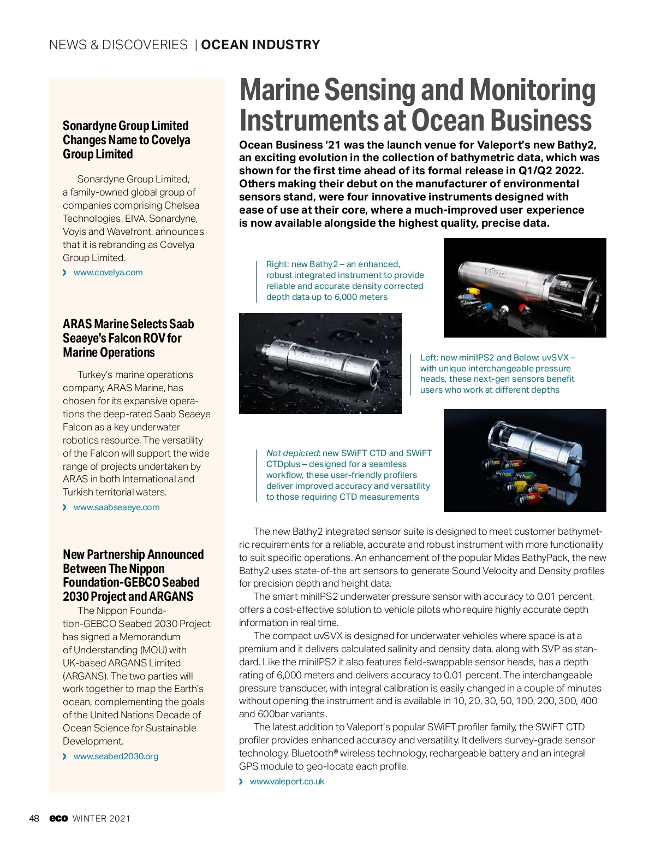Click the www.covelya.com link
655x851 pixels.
click(108, 273)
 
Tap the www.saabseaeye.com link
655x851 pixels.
click(116, 507)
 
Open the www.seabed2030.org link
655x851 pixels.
click(116, 757)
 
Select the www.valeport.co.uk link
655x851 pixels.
click(287, 782)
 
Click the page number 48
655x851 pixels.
click(34, 818)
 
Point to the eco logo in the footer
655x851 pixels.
click(58, 818)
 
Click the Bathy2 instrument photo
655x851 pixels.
click(525, 287)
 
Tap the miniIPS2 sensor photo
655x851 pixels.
click(320, 363)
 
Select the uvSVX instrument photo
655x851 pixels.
click(525, 460)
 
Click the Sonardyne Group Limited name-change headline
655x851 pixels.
click(126, 140)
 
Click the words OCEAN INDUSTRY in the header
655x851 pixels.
click(260, 45)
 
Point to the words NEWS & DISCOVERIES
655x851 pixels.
click(118, 45)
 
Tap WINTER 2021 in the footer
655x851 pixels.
click(102, 818)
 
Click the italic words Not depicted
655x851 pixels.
click(292, 453)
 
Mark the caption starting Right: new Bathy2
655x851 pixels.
click(344, 281)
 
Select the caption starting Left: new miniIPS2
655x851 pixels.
click(497, 374)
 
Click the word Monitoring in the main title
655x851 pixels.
click(532, 91)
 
